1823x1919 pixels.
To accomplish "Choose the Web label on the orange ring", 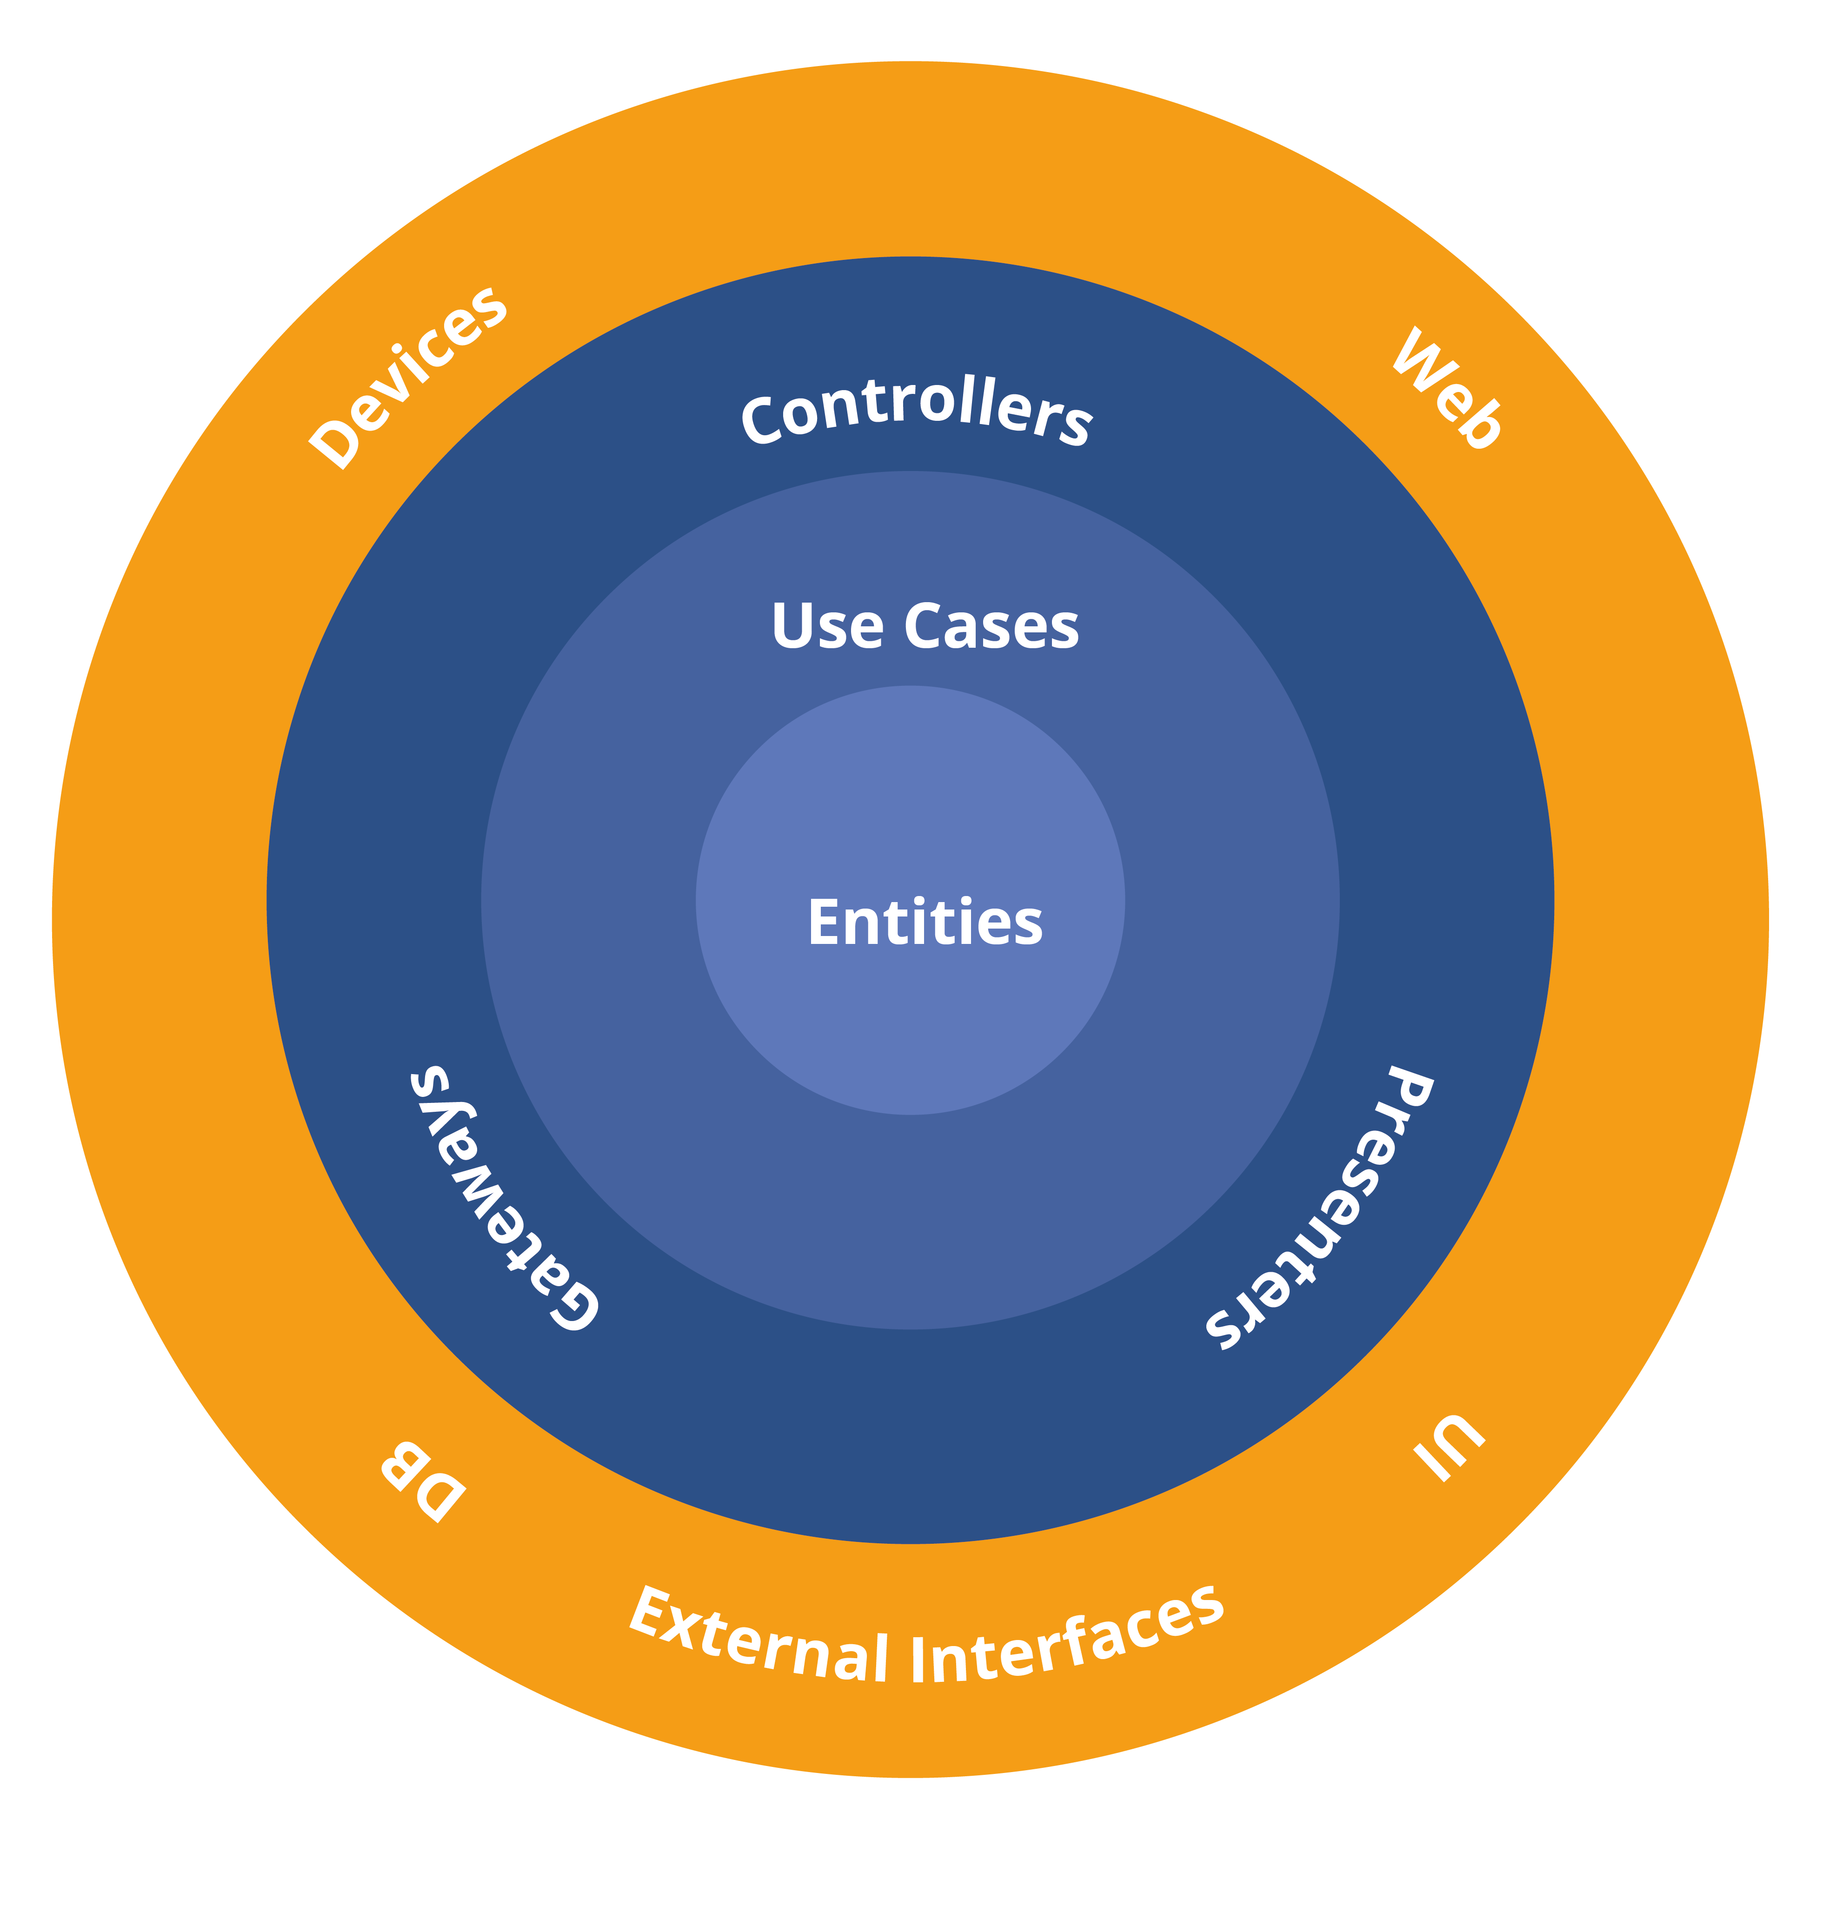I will [x=1448, y=389].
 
